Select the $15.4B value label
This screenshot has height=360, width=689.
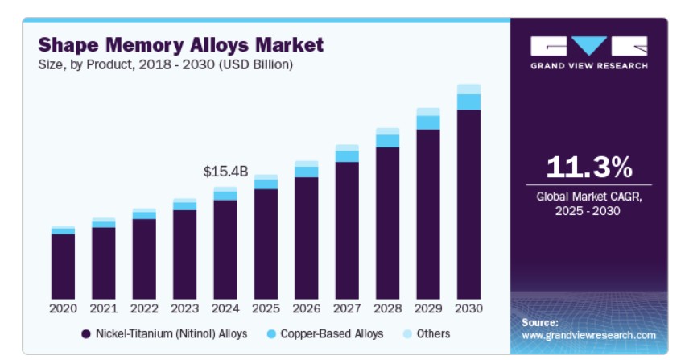pos(225,172)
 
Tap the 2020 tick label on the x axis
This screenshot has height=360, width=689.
pos(63,308)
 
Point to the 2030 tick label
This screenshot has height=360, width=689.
pos(468,308)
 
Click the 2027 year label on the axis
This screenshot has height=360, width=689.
pos(347,308)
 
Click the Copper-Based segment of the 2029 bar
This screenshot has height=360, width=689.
pos(428,122)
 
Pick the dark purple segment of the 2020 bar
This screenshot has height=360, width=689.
pos(63,267)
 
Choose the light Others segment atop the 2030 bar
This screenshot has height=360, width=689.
pos(468,89)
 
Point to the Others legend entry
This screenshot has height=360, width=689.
pos(426,333)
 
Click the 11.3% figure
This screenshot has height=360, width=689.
pos(588,168)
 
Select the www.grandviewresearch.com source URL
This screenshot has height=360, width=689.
pos(588,334)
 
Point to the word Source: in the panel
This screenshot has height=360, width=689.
pos(540,322)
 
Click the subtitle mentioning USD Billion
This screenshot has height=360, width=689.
pos(166,64)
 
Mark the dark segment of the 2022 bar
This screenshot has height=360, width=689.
pos(144,259)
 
